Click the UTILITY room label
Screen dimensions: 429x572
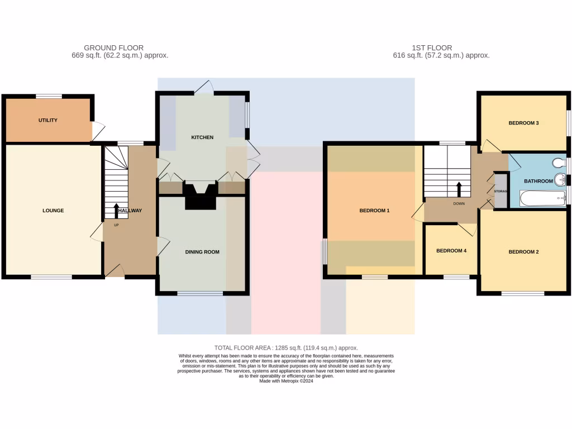tap(48, 121)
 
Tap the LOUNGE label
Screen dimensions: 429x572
tap(53, 211)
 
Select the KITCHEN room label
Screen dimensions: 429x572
tap(202, 137)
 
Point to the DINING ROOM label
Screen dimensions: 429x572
tap(202, 252)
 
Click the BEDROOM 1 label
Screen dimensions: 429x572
tap(374, 211)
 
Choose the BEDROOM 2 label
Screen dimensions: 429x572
tap(523, 252)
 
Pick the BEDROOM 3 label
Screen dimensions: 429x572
tap(523, 123)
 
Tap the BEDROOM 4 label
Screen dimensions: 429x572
tap(451, 251)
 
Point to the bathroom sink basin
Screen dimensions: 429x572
tap(560, 180)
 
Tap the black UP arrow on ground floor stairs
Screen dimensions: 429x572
tap(116, 211)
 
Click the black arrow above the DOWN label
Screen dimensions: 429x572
tap(459, 189)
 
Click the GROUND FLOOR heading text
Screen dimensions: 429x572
tap(113, 48)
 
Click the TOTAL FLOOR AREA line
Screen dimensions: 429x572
tap(286, 348)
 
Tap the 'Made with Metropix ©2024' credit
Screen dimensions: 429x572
tap(286, 382)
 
